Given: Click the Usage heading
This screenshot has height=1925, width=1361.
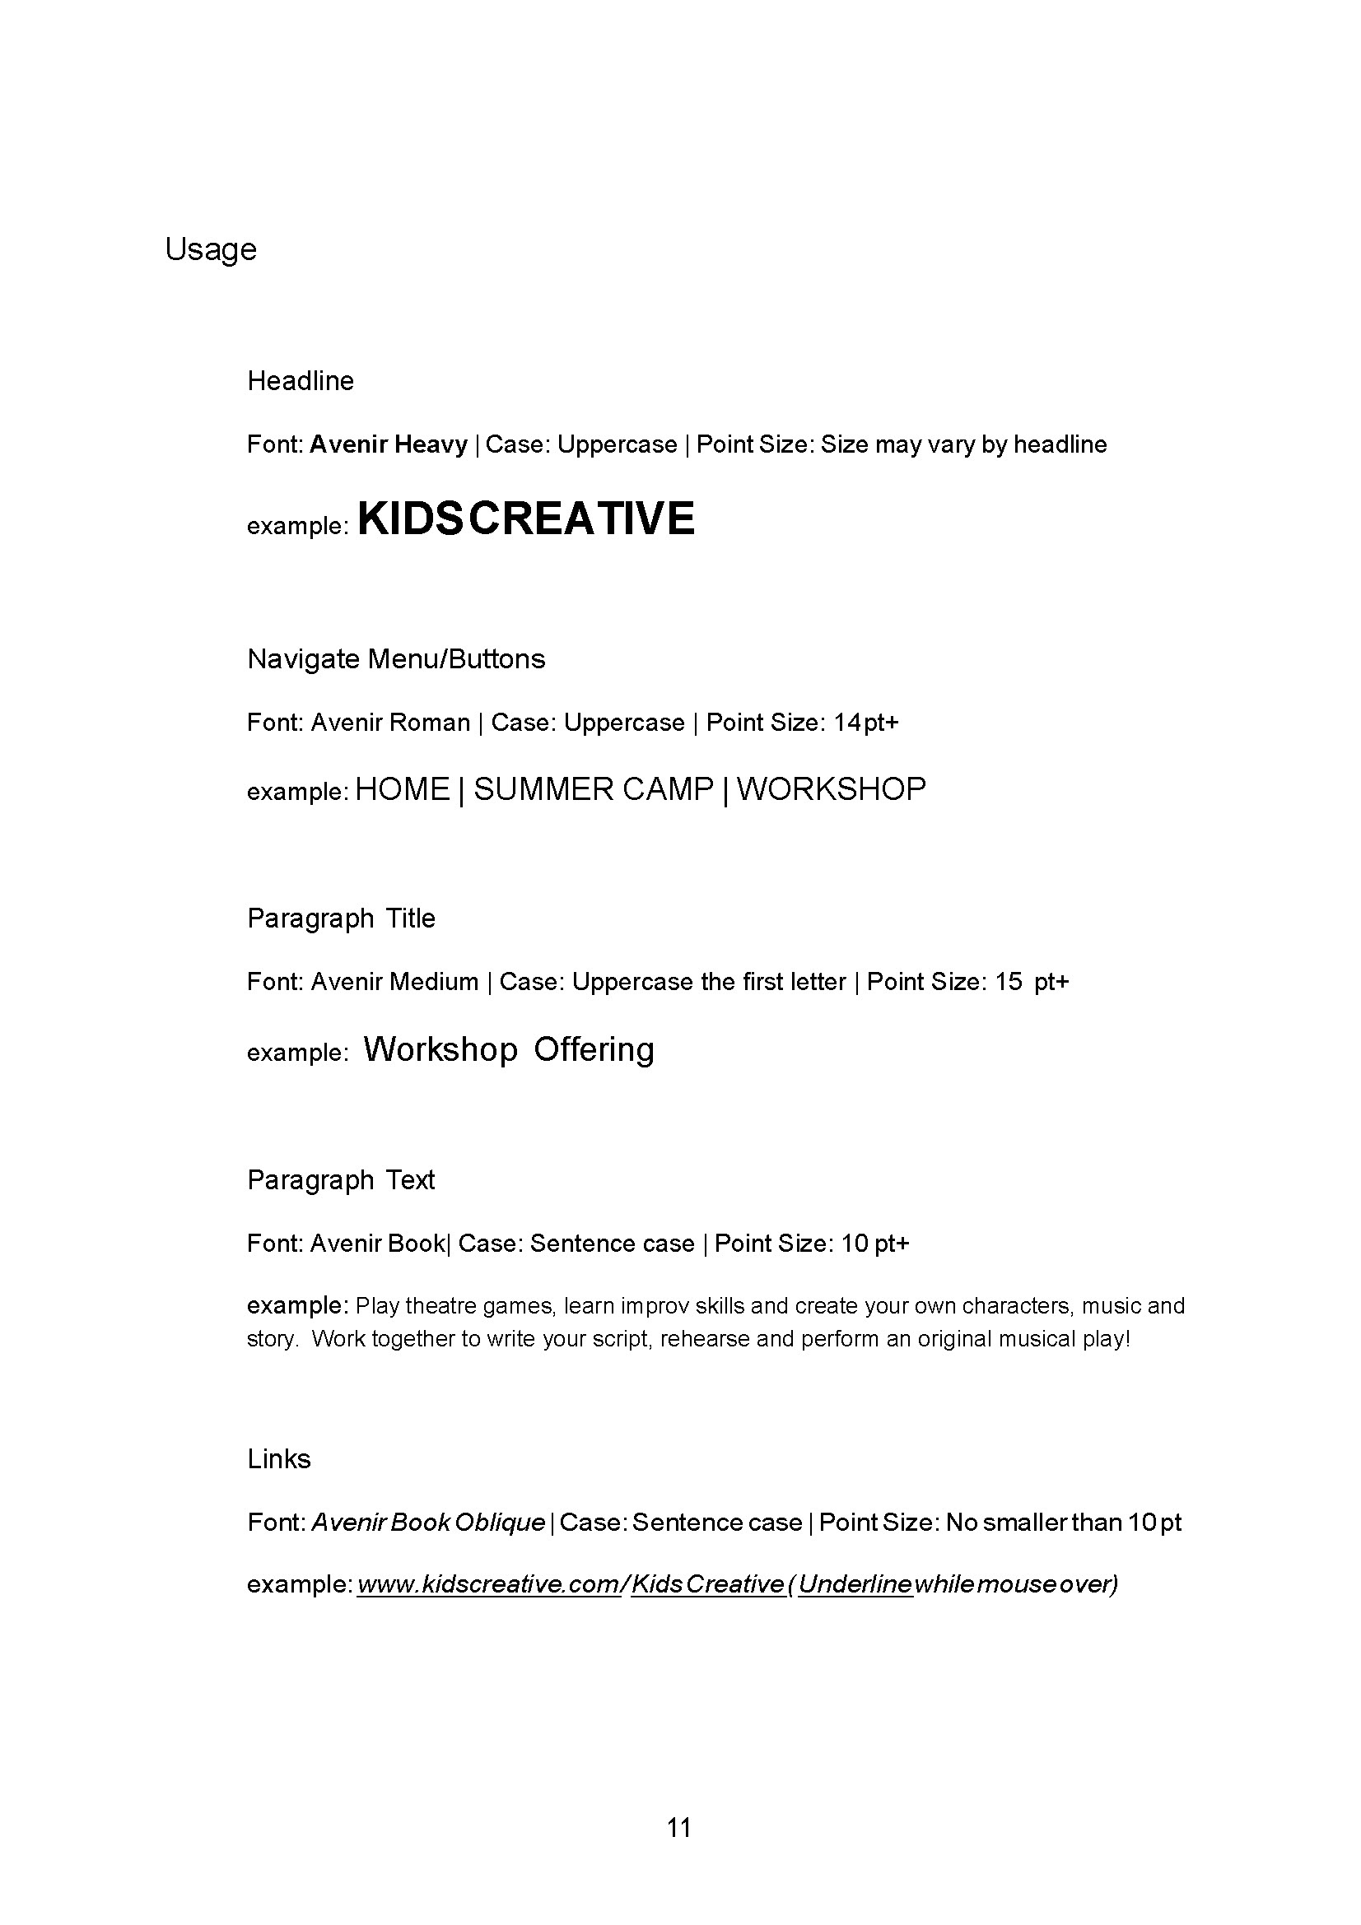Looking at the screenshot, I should click(211, 250).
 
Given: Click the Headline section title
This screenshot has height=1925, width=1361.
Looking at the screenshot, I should click(301, 382).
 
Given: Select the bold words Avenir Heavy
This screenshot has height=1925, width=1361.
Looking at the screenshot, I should click(389, 444).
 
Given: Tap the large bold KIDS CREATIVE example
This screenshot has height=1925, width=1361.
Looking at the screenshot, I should click(527, 518).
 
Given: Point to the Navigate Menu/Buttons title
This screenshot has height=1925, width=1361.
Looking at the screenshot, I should click(396, 659).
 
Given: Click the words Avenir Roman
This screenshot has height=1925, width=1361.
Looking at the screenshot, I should click(390, 723).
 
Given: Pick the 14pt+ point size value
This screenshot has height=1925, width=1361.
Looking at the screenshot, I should click(865, 723).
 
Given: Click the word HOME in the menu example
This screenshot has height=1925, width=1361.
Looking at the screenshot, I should click(403, 790).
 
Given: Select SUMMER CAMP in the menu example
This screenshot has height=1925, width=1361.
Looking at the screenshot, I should click(594, 790).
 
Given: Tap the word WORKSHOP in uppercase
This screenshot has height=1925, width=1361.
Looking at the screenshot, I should click(831, 790).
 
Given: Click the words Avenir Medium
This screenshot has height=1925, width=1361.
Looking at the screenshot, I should click(394, 982).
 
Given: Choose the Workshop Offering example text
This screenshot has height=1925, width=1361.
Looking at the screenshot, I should click(508, 1049).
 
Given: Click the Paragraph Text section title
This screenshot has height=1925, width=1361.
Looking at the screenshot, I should click(341, 1180).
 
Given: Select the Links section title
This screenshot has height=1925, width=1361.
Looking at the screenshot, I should click(278, 1460).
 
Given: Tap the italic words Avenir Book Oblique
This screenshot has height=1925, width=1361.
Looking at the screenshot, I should click(427, 1523).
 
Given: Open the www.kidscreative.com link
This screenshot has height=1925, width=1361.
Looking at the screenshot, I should click(487, 1584).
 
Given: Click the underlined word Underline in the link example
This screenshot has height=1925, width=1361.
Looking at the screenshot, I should click(855, 1584).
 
